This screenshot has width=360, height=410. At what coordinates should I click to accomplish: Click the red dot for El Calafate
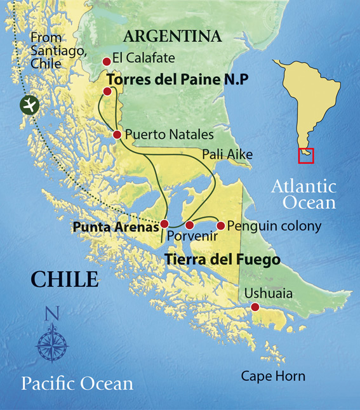tap(106, 62)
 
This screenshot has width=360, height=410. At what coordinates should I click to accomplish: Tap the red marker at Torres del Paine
tap(107, 91)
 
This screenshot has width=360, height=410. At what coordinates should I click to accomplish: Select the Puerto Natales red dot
tap(117, 135)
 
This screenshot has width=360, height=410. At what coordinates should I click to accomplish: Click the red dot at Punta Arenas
tap(164, 223)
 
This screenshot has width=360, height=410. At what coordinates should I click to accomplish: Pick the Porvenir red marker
tap(189, 225)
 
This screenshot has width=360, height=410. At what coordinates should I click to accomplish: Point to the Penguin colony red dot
tap(220, 225)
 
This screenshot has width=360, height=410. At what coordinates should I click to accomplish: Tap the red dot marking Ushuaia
tap(255, 307)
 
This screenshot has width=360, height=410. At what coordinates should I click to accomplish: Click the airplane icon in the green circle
tap(29, 105)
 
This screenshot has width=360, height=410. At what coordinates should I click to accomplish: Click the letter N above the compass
tap(52, 314)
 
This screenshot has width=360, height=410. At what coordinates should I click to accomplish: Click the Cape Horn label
tap(273, 376)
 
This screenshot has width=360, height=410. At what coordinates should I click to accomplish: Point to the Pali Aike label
tap(227, 154)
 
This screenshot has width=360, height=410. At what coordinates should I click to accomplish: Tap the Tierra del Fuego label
tap(222, 260)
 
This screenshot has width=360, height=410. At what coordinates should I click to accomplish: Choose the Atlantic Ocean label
tap(303, 194)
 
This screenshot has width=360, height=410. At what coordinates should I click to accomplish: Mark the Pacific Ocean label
tap(77, 383)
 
